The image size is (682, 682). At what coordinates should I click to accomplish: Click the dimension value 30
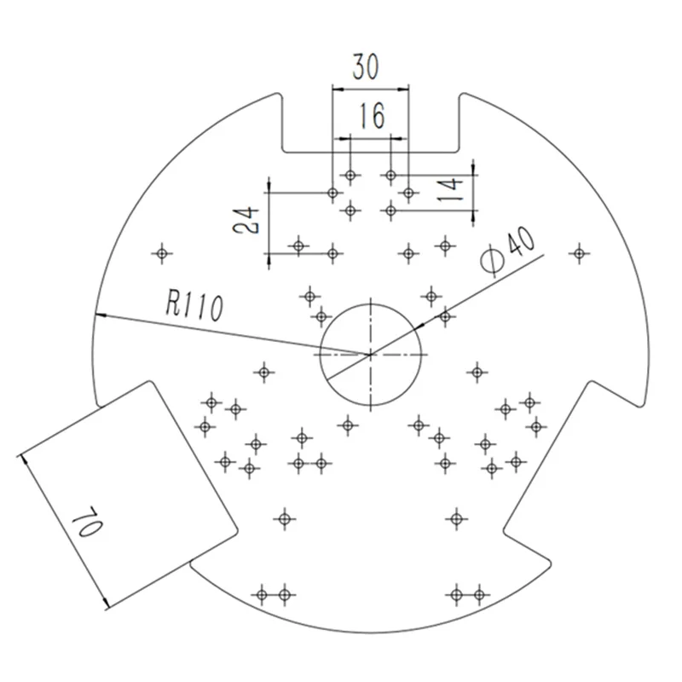(366, 66)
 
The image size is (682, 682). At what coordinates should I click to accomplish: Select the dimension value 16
(373, 116)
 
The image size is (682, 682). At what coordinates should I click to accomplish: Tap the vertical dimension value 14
(450, 188)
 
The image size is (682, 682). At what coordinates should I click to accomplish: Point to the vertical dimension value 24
(246, 220)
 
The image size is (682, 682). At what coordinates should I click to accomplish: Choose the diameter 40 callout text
(508, 252)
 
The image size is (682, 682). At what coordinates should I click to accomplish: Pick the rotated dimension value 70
(88, 522)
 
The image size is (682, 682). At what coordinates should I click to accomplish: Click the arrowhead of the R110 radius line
(100, 315)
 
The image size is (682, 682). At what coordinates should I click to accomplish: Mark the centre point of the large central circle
(371, 355)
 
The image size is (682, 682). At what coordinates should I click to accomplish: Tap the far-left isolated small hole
(162, 253)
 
